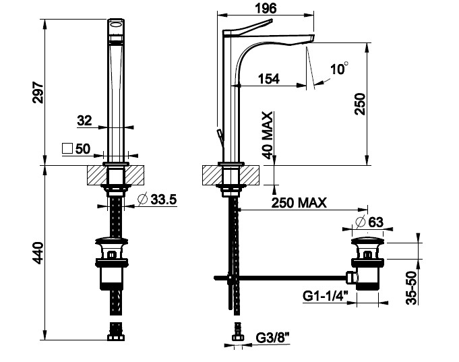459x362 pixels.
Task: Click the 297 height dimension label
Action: click(38, 92)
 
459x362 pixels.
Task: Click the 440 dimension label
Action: click(38, 253)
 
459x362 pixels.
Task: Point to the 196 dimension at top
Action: click(266, 8)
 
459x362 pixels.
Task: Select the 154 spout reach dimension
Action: click(269, 79)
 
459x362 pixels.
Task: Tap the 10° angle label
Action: click(339, 69)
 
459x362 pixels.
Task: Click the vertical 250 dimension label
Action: click(360, 104)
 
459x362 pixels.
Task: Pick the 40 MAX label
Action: click(268, 135)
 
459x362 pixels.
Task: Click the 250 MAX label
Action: click(299, 203)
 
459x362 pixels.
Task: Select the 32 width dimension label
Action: click(84, 121)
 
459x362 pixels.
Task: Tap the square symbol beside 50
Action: click(67, 148)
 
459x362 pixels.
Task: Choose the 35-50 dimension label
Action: click(411, 288)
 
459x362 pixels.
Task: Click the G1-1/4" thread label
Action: click(326, 296)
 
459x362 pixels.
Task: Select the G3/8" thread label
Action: click(272, 338)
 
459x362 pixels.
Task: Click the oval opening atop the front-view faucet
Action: click(116, 25)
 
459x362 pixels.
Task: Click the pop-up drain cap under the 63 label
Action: click(367, 241)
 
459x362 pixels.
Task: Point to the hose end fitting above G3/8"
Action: click(237, 332)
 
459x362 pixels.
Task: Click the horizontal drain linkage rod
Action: click(281, 278)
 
